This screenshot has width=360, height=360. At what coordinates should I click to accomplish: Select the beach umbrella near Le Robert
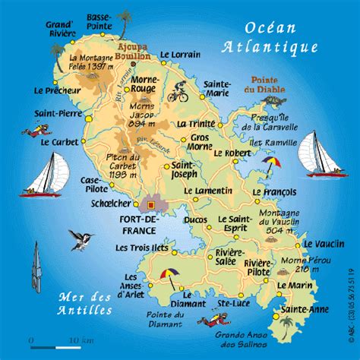pos(271,163)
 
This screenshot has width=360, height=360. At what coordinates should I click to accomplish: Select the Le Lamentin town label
pos(211,191)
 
